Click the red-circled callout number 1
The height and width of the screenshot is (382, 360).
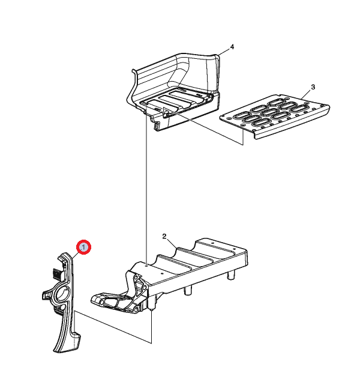tap(83, 247)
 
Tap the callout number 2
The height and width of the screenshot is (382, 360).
tap(164, 236)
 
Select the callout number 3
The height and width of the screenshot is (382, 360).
tap(313, 87)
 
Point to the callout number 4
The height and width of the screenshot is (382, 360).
tap(232, 46)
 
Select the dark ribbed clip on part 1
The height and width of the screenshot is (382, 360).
tap(57, 274)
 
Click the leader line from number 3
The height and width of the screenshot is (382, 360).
tap(306, 94)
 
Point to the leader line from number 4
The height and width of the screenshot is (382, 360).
tap(224, 52)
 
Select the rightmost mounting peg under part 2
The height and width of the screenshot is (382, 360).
tap(231, 275)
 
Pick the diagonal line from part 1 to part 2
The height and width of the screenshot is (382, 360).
tap(113, 327)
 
